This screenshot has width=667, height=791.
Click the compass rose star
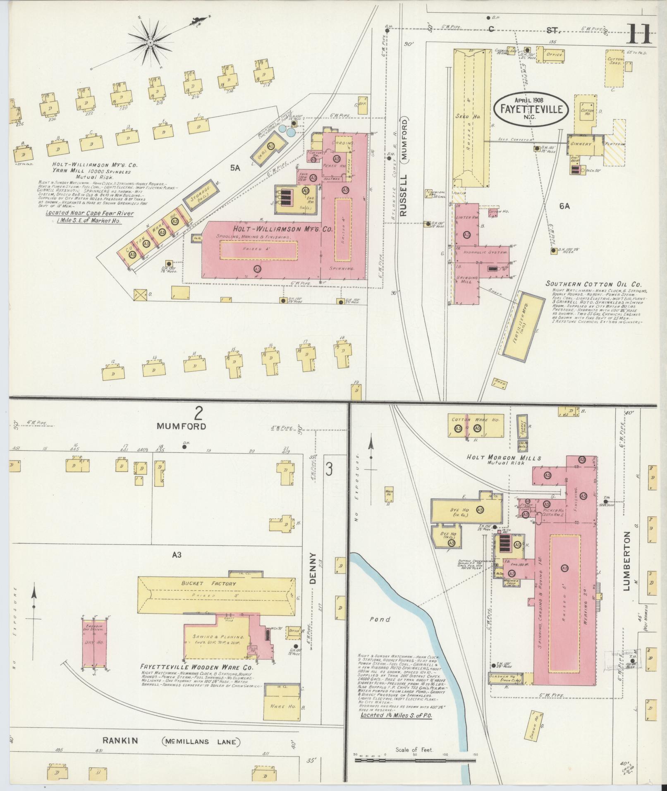(x=151, y=42)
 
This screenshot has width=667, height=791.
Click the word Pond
(x=380, y=619)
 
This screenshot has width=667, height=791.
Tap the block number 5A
(x=235, y=167)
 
